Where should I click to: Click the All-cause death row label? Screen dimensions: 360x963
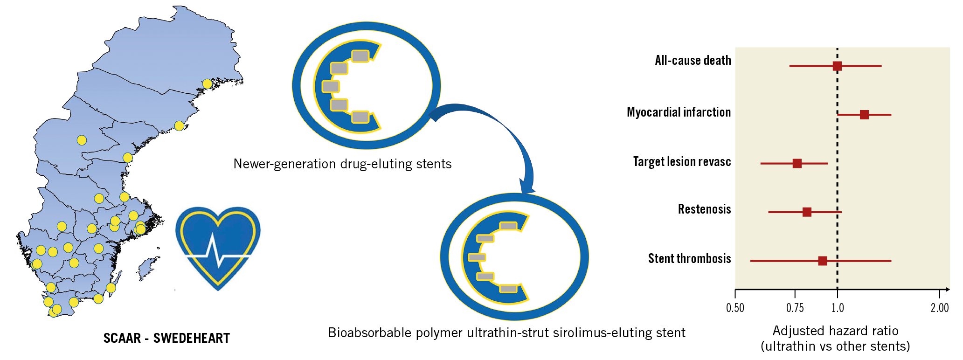tap(693, 61)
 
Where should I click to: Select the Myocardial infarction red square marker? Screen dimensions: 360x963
tap(864, 115)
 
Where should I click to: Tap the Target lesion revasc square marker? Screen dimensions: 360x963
tap(797, 163)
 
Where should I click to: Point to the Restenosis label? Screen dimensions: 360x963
tap(704, 209)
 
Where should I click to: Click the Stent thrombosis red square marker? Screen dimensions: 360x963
tap(823, 261)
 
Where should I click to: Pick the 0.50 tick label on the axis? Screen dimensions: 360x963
tap(735, 308)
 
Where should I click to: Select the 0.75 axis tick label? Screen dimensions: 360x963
tap(795, 308)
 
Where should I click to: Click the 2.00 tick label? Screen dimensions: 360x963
tap(940, 308)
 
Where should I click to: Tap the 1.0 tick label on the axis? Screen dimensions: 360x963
tap(838, 308)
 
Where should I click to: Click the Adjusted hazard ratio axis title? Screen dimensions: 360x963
tap(835, 331)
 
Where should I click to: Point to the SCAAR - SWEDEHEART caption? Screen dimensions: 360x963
tap(166, 338)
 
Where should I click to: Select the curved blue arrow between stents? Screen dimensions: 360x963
tap(494, 140)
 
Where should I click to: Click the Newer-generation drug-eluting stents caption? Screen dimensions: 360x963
tap(342, 164)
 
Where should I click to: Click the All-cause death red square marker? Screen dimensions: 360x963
tap(837, 66)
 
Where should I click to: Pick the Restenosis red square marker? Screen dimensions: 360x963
tap(807, 212)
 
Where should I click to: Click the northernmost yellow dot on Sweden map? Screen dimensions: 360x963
tap(207, 84)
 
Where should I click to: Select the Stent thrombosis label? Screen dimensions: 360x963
tap(689, 259)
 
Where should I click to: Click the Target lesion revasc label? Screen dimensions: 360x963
tap(682, 162)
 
